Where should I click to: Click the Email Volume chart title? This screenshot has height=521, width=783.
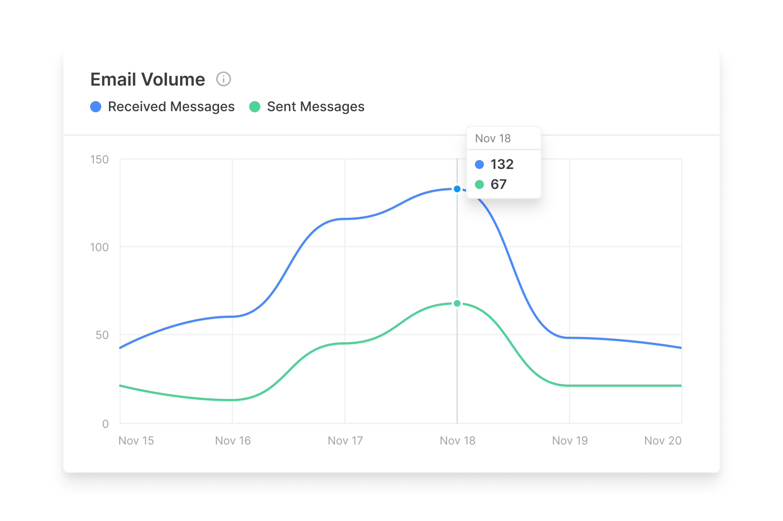148,79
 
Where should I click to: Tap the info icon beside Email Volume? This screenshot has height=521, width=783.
224,79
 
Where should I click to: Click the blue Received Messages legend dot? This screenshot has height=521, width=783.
96,107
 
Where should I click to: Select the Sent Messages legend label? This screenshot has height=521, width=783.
316,107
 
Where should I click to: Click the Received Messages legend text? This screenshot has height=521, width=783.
171,107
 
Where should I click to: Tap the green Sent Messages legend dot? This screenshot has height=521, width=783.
255,107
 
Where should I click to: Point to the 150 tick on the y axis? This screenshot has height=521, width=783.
99,160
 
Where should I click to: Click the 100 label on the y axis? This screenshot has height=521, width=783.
99,247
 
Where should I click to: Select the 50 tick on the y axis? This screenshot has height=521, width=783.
102,335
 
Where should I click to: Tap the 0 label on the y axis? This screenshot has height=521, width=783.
105,424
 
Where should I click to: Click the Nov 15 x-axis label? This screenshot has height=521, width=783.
136,441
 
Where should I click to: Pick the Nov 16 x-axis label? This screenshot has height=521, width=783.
233,441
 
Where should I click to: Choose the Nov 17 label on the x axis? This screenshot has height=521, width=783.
345,441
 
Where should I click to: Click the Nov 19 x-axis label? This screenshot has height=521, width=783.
570,441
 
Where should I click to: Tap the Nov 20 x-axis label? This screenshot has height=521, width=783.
663,441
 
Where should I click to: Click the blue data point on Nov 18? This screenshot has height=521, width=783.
457,189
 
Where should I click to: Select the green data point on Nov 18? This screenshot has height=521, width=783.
457,304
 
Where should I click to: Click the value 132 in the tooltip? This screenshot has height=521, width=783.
502,164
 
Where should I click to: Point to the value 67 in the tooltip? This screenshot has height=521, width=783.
498,184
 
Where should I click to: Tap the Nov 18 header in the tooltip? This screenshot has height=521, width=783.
493,138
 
